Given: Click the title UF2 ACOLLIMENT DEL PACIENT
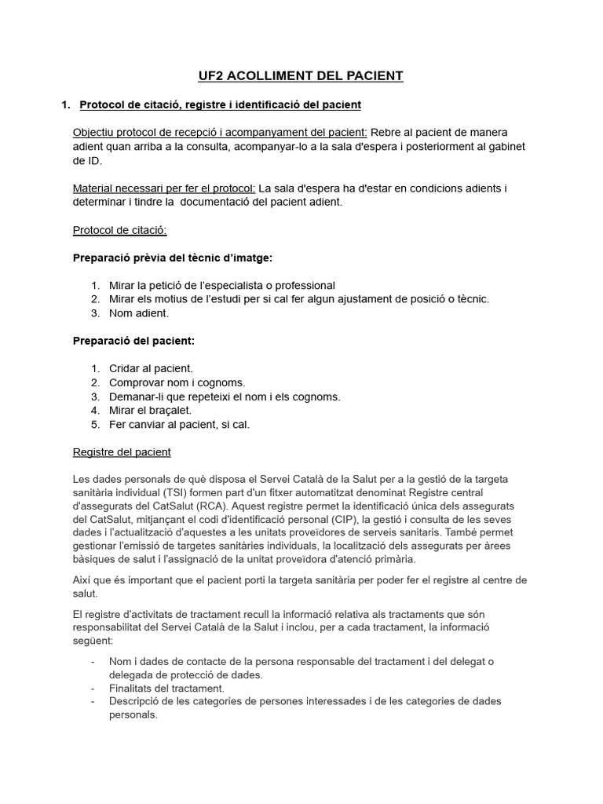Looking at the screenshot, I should pyautogui.click(x=301, y=76).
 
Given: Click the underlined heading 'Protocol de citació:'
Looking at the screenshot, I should pyautogui.click(x=119, y=230).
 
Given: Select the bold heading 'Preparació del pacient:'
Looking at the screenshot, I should pyautogui.click(x=133, y=341).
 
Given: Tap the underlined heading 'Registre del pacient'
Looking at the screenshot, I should pyautogui.click(x=122, y=452).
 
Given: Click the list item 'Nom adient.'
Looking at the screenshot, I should pyautogui.click(x=139, y=313).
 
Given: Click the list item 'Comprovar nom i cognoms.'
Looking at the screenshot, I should pyautogui.click(x=177, y=382).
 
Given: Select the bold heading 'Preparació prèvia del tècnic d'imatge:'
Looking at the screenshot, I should pyautogui.click(x=173, y=258).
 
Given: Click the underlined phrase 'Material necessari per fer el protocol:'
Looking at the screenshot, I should pyautogui.click(x=164, y=188).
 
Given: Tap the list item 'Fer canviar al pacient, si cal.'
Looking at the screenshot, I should pyautogui.click(x=179, y=425).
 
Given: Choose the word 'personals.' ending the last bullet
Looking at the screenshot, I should pyautogui.click(x=133, y=715).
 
